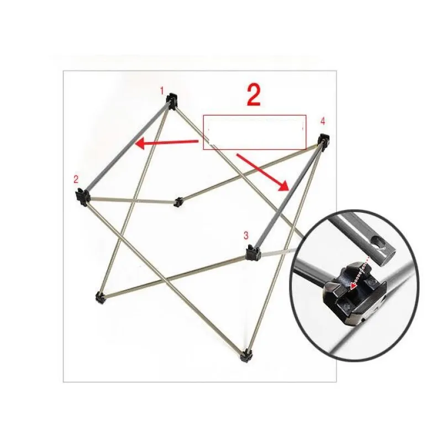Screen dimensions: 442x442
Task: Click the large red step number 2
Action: coord(254,95)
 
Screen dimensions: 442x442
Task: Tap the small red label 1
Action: coord(162,91)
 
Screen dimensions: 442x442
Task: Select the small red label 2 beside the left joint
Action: coord(76,179)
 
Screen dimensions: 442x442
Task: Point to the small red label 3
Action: coord(246,235)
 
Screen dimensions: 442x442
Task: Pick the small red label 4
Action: coord(323,121)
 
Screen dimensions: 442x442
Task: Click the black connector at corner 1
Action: coord(172,101)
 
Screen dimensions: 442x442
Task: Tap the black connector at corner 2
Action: coord(82,197)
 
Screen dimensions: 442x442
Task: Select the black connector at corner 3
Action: coord(253,252)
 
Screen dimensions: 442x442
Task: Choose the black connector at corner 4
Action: coord(324,141)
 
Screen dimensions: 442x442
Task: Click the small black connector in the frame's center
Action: coord(178,202)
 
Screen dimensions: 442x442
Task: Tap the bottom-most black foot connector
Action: coord(246,356)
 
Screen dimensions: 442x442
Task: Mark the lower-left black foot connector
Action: coord(100,298)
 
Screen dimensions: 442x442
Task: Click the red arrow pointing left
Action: coord(167,143)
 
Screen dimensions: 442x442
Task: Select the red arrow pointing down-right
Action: coord(263,172)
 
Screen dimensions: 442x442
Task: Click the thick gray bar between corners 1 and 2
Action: coord(128,147)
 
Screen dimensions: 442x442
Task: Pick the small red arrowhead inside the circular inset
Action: coord(352,286)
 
